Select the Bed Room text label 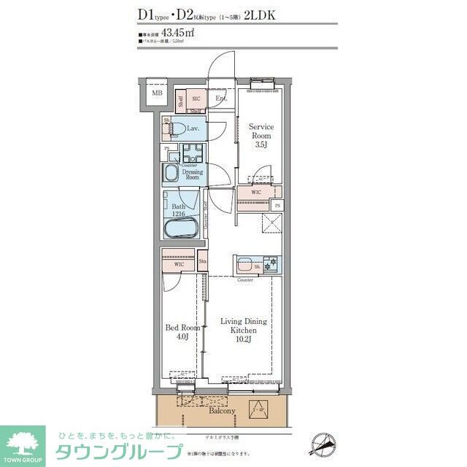[177, 328]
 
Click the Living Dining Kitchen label [244, 325]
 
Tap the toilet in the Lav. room [174, 130]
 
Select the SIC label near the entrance [196, 99]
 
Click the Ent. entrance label [220, 99]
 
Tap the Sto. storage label [202, 259]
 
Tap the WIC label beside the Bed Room [169, 264]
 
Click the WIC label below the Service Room [255, 192]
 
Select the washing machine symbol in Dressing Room [195, 154]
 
